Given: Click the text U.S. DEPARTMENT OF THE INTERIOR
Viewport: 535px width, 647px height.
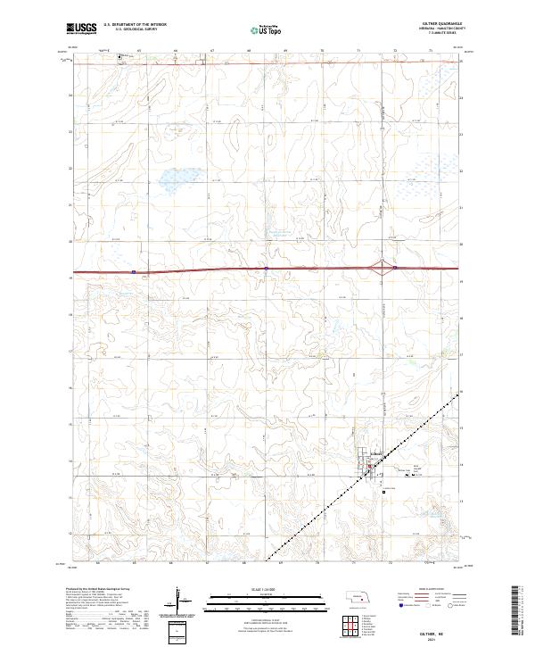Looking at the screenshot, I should coord(135,25).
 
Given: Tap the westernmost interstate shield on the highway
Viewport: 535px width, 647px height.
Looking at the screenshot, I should coord(133,271).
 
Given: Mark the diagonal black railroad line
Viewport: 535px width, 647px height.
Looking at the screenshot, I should coord(374,472).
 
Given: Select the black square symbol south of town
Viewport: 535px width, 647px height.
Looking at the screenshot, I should coord(383,491).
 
